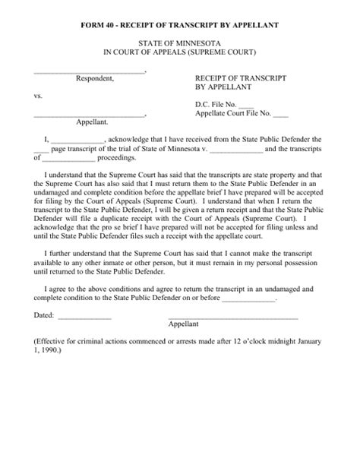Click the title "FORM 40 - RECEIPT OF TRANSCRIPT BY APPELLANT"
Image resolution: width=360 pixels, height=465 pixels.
(x=179, y=25)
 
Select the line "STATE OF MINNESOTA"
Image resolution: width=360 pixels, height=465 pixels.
(x=179, y=44)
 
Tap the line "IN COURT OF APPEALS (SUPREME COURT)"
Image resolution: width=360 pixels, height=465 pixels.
(x=179, y=53)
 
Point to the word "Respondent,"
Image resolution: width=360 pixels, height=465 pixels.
(x=95, y=78)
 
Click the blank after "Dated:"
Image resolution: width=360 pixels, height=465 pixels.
(x=85, y=316)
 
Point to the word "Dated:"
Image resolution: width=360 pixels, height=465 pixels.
(x=45, y=315)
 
